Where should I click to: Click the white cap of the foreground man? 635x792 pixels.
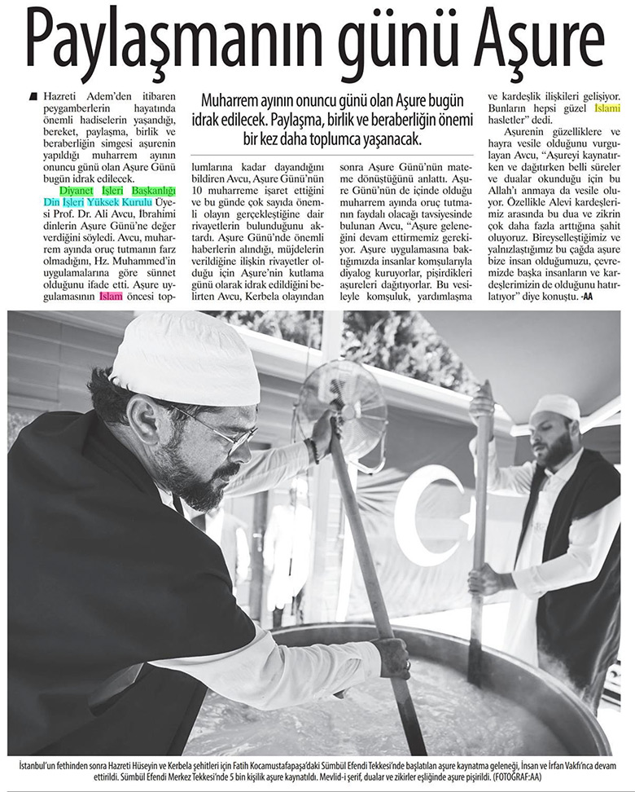184,358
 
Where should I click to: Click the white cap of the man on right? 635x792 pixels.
555,406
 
